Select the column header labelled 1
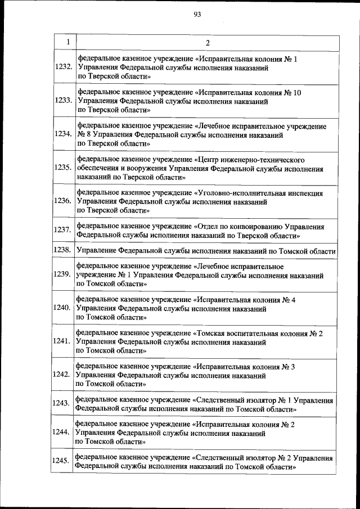click(67, 42)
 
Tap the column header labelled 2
click(208, 43)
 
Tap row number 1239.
click(62, 274)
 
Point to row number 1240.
click(62, 308)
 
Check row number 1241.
click(62, 341)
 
